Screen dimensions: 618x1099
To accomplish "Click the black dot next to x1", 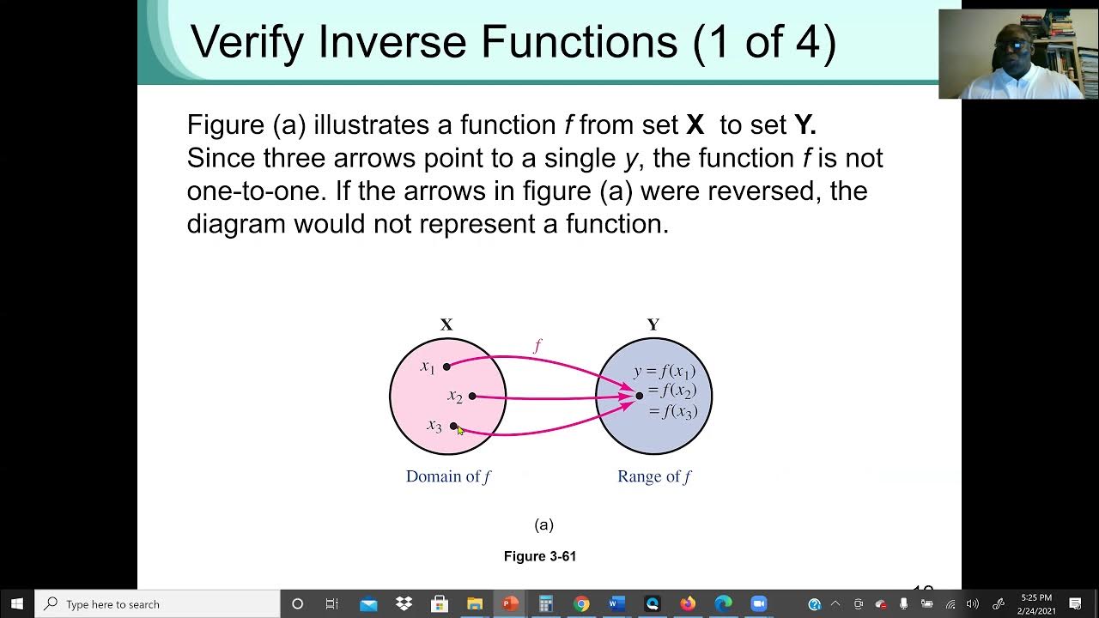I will point(446,367).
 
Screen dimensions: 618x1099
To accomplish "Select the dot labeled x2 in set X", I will point(472,396).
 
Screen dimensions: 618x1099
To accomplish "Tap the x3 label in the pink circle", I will point(434,426).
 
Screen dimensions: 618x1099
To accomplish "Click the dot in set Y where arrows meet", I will point(640,396).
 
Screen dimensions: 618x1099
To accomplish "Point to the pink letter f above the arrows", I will point(537,346).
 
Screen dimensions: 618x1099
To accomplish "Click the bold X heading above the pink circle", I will point(446,324).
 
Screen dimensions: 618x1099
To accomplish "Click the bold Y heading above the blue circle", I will point(653,324).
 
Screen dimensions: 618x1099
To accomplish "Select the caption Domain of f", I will point(448,476).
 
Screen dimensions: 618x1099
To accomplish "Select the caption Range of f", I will point(654,476).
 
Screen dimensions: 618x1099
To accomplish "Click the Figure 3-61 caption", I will point(540,556).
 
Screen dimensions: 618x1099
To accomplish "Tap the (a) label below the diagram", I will point(543,524).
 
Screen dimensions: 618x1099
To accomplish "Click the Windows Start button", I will point(17,604).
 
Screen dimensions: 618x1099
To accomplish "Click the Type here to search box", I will point(159,604).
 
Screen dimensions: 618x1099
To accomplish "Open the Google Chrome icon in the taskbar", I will point(581,604).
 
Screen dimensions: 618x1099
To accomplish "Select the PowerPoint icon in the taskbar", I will point(510,604).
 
